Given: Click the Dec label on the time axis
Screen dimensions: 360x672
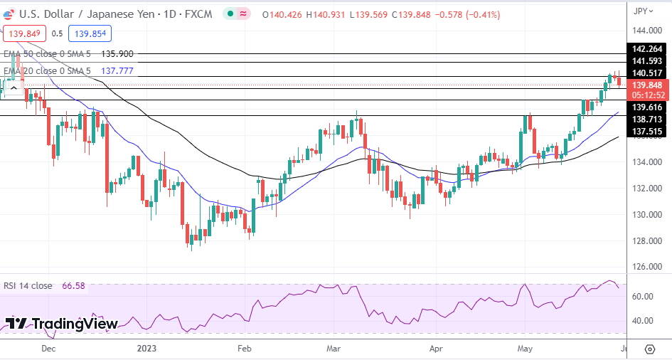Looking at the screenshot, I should pyautogui.click(x=48, y=349).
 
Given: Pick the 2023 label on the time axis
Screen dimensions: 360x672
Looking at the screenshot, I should pyautogui.click(x=146, y=349).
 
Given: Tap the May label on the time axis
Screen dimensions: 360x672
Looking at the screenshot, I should pyautogui.click(x=526, y=349).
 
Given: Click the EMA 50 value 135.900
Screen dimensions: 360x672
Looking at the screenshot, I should pyautogui.click(x=117, y=53).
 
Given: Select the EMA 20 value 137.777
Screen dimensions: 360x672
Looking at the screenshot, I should pyautogui.click(x=117, y=71).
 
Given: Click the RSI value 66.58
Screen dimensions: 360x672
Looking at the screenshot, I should pyautogui.click(x=73, y=286).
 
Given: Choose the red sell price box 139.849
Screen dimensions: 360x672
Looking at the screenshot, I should pyautogui.click(x=25, y=33).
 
